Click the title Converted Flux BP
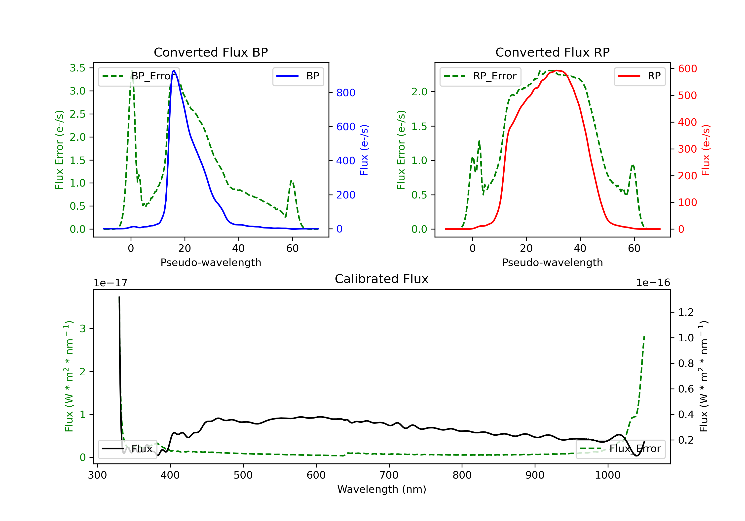pyautogui.click(x=211, y=52)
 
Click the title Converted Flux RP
pyautogui.click(x=552, y=52)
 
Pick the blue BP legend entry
pyautogui.click(x=298, y=76)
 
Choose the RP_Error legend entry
pyautogui.click(x=480, y=76)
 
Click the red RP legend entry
pyautogui.click(x=639, y=76)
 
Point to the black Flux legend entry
pyautogui.click(x=127, y=449)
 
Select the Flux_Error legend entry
pyautogui.click(x=620, y=449)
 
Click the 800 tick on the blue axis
pyautogui.click(x=346, y=93)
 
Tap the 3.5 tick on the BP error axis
pyautogui.click(x=77, y=68)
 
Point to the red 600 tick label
pyautogui.click(x=687, y=69)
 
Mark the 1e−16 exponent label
pyautogui.click(x=653, y=283)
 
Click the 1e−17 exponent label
pyautogui.click(x=110, y=283)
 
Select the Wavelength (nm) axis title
pyautogui.click(x=382, y=489)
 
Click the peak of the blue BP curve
pyautogui.click(x=174, y=70)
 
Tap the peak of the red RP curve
pyautogui.click(x=557, y=70)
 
